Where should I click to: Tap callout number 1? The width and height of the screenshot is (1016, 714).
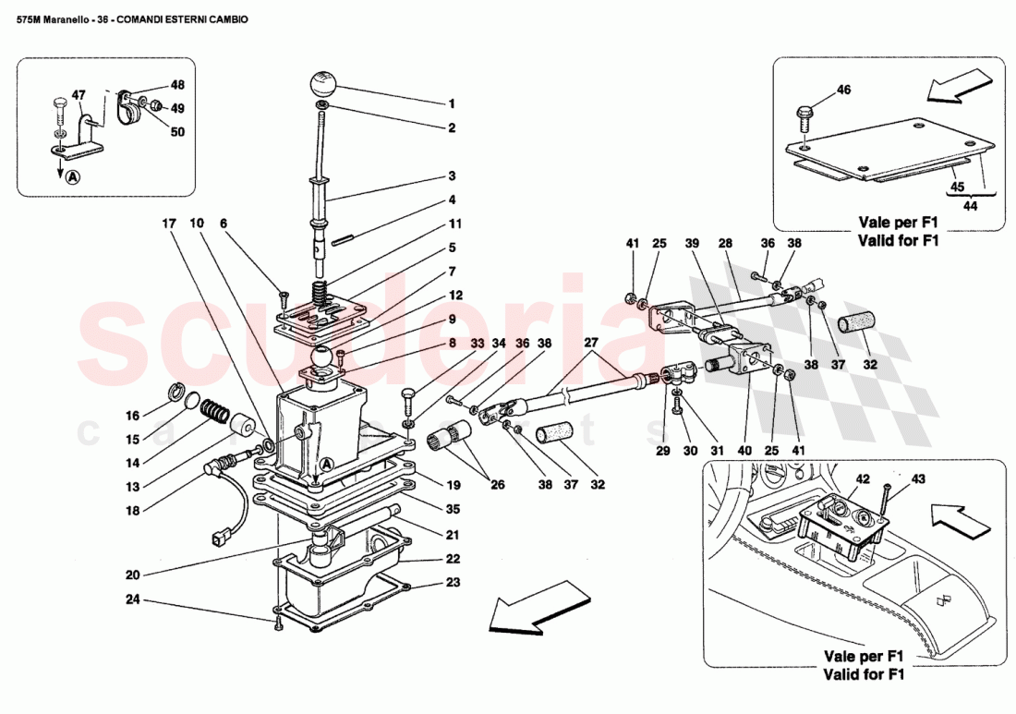452,104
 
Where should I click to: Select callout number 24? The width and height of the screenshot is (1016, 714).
133,599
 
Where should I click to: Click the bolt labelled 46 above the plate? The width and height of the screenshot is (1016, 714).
804,117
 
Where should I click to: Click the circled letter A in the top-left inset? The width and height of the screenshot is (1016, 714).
72,176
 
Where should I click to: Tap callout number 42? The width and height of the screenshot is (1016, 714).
862,478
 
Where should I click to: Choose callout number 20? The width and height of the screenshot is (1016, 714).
133,574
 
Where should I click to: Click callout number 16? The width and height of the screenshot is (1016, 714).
132,415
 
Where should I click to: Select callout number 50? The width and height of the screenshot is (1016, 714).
177,131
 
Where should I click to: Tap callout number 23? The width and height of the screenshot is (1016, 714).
452,584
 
